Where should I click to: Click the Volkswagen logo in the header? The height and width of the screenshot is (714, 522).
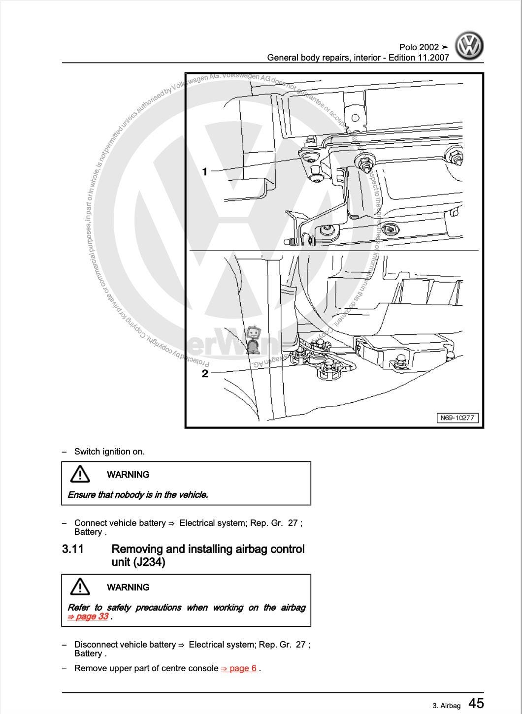tap(469, 46)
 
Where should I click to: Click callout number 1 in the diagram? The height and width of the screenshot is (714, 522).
tap(205, 171)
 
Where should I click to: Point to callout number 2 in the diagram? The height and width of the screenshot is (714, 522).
tap(205, 373)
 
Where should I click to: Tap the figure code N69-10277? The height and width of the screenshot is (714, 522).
tap(457, 418)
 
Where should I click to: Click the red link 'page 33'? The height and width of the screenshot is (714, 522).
tap(89, 617)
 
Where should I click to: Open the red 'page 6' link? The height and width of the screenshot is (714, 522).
tap(239, 668)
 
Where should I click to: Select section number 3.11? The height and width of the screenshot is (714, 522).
tap(73, 549)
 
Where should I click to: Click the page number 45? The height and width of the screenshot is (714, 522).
tap(476, 703)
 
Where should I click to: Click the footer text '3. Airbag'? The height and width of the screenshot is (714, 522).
tap(447, 706)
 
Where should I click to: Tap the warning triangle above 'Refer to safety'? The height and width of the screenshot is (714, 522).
tap(80, 586)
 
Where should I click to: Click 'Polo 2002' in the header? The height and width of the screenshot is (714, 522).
tap(419, 47)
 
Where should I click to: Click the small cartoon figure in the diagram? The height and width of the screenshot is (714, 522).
tap(254, 339)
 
